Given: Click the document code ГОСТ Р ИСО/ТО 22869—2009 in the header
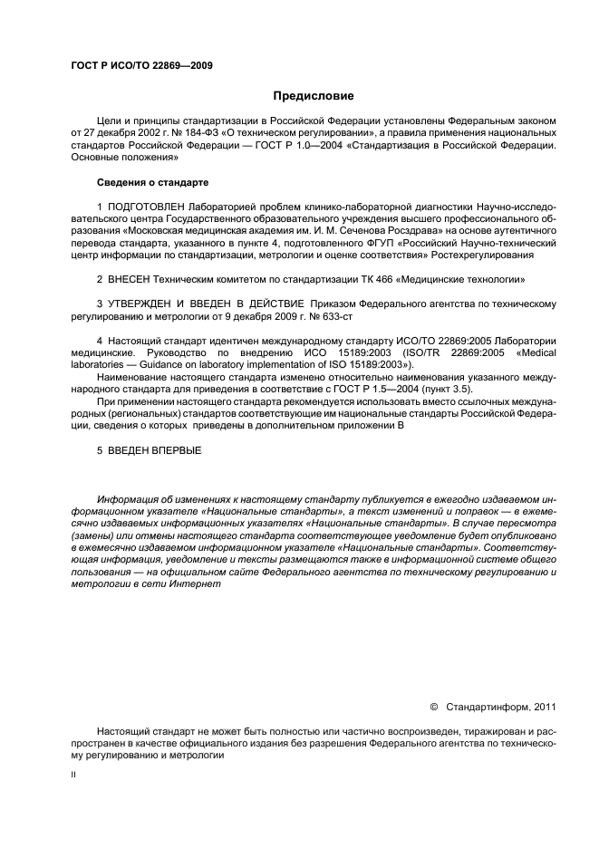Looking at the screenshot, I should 141,67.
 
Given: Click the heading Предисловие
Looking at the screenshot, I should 314,96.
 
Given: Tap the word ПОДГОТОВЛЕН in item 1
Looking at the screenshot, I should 150,207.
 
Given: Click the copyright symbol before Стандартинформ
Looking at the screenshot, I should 433,707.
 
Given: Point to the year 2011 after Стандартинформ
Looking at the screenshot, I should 543,707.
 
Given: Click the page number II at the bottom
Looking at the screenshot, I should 74,775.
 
